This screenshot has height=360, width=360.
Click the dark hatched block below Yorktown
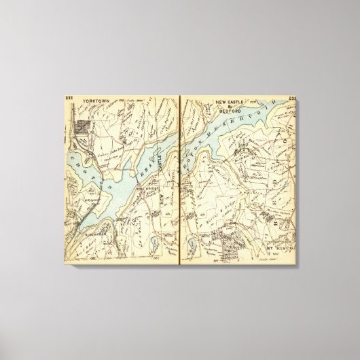(85, 126)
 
